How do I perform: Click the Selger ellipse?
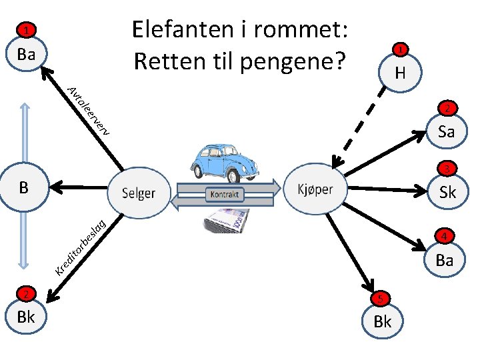click(x=139, y=193)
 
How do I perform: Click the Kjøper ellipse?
click(x=316, y=189)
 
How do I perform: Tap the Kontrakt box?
click(x=227, y=195)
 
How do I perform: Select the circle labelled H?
click(x=399, y=72)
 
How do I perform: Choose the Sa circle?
click(x=446, y=131)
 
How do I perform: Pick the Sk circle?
click(x=447, y=193)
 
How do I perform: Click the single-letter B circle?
click(x=24, y=187)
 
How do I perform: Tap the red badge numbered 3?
click(x=447, y=168)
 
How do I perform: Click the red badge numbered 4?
click(x=445, y=235)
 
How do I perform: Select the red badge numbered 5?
click(x=377, y=298)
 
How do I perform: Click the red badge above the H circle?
click(x=399, y=49)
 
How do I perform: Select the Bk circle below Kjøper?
click(x=383, y=321)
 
